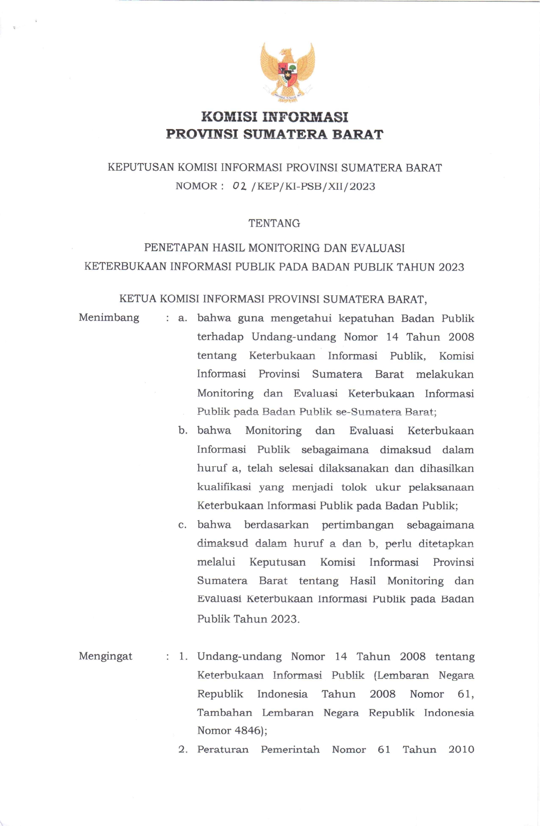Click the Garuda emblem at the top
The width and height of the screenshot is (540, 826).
click(288, 72)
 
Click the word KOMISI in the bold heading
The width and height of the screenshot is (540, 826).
click(228, 117)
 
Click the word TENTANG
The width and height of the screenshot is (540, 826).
click(274, 223)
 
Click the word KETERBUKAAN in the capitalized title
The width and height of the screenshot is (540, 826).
click(125, 267)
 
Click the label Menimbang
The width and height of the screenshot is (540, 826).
click(109, 318)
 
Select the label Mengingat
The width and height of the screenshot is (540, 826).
click(105, 656)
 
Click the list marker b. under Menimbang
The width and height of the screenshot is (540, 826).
click(183, 431)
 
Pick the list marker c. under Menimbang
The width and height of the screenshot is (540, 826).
click(183, 525)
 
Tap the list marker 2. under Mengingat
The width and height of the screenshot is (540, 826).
click(183, 749)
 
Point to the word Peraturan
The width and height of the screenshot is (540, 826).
click(223, 749)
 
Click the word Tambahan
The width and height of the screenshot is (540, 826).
click(224, 712)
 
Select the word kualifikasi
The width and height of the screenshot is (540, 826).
click(224, 487)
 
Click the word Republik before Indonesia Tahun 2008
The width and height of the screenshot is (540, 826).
click(220, 694)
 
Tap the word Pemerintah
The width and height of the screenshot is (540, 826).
click(290, 749)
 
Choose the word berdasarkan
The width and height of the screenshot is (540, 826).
click(276, 525)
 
